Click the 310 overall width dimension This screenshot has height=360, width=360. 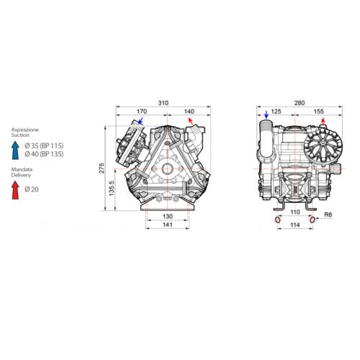click(x=163, y=103)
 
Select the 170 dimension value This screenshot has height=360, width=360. click(x=142, y=112)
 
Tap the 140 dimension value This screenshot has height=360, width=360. click(x=189, y=112)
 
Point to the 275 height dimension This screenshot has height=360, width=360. click(x=102, y=168)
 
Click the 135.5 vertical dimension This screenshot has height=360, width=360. click(x=112, y=189)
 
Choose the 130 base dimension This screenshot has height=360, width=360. click(x=168, y=216)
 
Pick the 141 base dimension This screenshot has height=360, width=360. click(x=168, y=225)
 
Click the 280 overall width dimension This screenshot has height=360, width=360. click(x=300, y=103)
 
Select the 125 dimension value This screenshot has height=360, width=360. click(x=276, y=112)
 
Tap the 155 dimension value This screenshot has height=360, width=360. click(x=318, y=112)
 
